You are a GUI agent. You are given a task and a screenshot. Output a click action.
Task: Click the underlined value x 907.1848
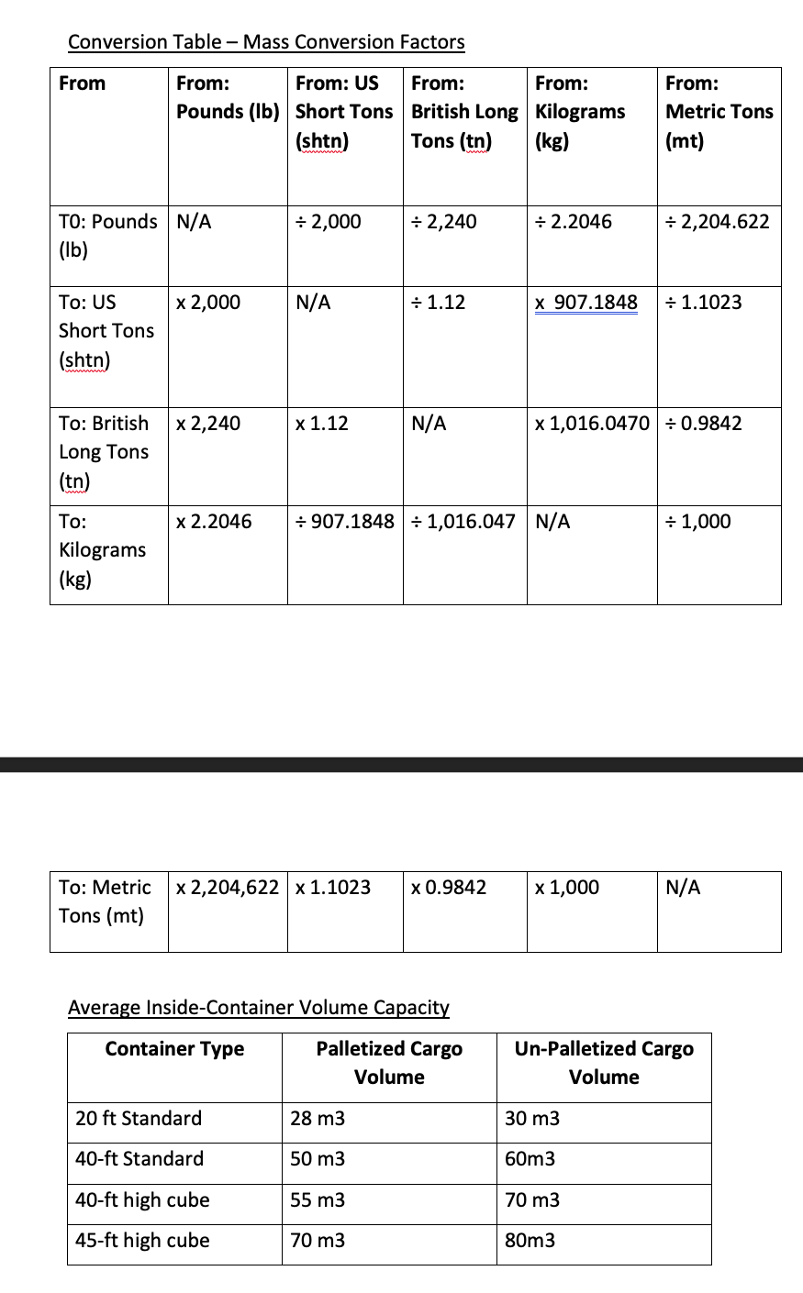click(586, 303)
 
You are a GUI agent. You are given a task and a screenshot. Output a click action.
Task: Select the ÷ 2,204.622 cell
click(718, 222)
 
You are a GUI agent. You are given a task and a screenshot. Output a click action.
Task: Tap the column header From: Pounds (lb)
click(228, 97)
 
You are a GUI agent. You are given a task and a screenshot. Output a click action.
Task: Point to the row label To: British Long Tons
click(104, 451)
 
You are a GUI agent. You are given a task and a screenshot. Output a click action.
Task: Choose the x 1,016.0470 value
click(592, 424)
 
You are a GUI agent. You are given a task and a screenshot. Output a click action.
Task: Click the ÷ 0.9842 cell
click(704, 424)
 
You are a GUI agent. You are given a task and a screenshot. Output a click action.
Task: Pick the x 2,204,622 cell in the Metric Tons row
click(228, 888)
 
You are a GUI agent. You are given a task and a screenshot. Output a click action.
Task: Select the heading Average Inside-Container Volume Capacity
click(259, 1008)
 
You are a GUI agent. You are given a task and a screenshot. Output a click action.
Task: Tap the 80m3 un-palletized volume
click(530, 1241)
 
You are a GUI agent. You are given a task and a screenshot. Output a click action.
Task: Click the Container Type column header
click(174, 1049)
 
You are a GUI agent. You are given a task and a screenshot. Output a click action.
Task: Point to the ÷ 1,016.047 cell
click(463, 522)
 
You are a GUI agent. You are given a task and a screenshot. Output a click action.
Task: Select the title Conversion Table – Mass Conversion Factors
click(266, 42)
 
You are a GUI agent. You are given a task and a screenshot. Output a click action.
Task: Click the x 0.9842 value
click(449, 888)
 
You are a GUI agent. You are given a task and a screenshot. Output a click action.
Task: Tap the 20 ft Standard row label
click(139, 1119)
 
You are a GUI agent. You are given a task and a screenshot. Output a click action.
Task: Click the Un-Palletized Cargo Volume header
click(604, 1063)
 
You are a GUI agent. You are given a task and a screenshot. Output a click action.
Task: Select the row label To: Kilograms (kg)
click(102, 550)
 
